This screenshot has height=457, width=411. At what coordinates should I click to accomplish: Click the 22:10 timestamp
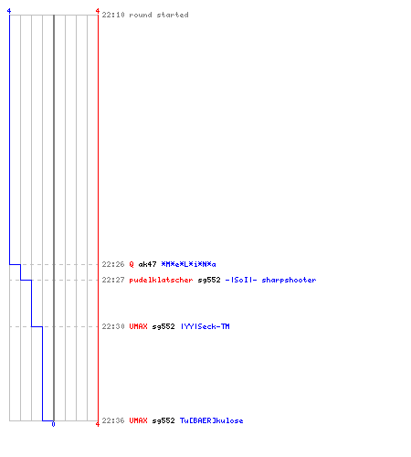point(113,15)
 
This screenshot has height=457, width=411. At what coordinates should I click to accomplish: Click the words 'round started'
point(159,15)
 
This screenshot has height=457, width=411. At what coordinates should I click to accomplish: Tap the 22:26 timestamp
point(113,264)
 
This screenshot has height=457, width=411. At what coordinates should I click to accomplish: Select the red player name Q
point(132,264)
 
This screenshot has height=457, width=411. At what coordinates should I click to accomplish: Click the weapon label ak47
point(147,264)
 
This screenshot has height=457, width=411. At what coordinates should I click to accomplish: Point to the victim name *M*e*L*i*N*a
point(188,264)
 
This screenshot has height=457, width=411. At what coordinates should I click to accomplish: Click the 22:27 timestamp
point(113,280)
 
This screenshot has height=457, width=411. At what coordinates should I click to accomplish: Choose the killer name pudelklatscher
point(161,280)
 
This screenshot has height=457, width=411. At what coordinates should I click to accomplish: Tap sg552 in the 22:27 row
point(209,280)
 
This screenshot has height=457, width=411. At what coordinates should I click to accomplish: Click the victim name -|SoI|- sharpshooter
point(270,280)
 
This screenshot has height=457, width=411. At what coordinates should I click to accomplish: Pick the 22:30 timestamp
point(113,326)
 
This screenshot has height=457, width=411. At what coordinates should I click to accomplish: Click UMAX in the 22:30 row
point(138,326)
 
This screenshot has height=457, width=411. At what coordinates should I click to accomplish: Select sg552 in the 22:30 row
point(163,326)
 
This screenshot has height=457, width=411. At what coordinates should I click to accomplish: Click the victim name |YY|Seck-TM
point(205,326)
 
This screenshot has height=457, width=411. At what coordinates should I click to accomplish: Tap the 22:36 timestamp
point(113,420)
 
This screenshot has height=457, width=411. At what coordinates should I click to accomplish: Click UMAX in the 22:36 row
point(138,420)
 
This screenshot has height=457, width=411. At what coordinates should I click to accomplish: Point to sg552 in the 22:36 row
point(163,420)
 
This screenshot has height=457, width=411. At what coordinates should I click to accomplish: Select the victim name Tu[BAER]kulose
point(212,420)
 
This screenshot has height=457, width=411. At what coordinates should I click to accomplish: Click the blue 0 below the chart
point(53,424)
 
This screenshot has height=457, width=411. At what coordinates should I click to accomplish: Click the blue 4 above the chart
point(9,11)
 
